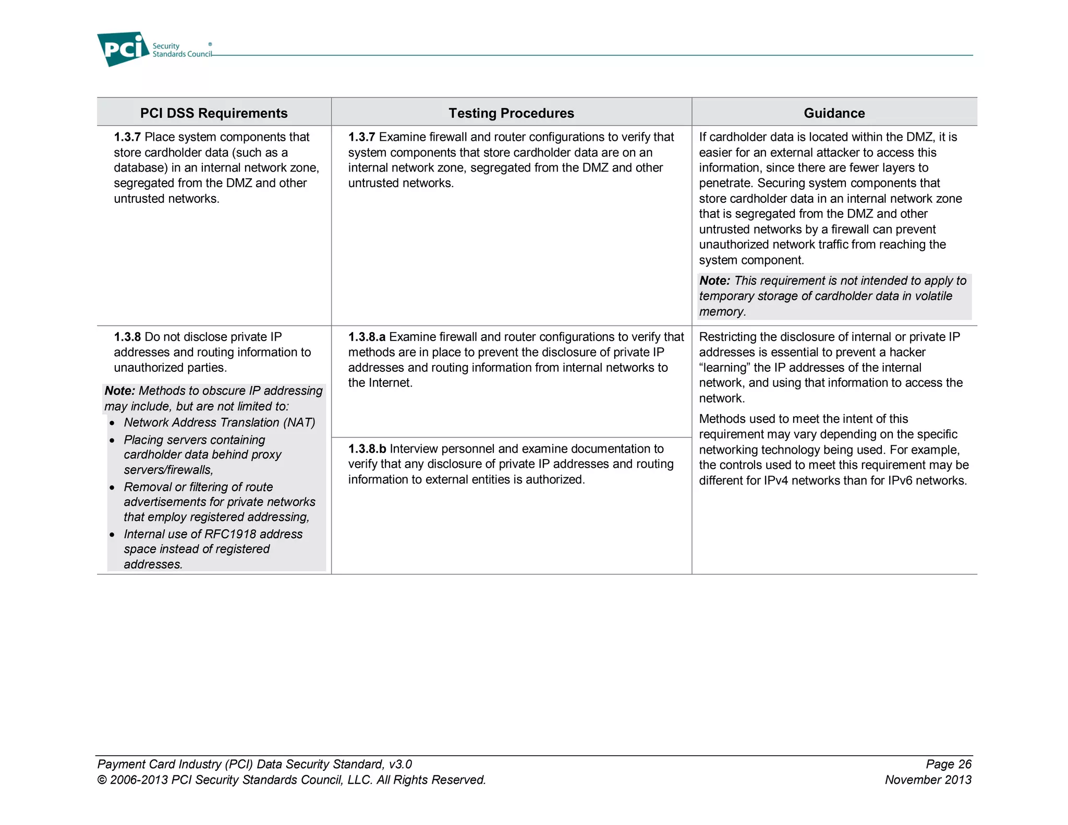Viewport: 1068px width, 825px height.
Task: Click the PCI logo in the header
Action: pos(123,49)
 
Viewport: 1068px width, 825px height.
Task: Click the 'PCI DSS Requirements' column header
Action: pos(214,113)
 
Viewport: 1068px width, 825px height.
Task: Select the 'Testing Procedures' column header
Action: pos(511,113)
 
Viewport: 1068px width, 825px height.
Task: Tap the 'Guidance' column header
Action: pos(834,113)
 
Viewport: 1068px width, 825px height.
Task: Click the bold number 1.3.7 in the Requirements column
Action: pos(127,137)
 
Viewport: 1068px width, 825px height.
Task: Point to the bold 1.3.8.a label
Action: pos(367,337)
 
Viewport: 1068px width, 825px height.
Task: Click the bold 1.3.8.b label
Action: pos(367,449)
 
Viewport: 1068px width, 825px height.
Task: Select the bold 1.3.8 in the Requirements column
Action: pos(127,337)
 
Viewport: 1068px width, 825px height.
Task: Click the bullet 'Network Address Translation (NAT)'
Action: pos(220,422)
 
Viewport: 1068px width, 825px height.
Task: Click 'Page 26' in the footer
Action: pos(949,764)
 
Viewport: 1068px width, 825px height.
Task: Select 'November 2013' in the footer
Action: pos(928,780)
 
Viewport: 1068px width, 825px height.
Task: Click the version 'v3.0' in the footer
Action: pos(400,764)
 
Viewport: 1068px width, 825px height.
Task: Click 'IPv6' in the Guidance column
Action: pos(900,480)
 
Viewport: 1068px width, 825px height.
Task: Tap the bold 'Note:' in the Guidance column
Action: pos(714,281)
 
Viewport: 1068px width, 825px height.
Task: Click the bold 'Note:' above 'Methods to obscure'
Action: pos(119,391)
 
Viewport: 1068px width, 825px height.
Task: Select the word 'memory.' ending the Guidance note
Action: pos(722,311)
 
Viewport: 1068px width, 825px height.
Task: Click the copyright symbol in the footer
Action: pos(102,780)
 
